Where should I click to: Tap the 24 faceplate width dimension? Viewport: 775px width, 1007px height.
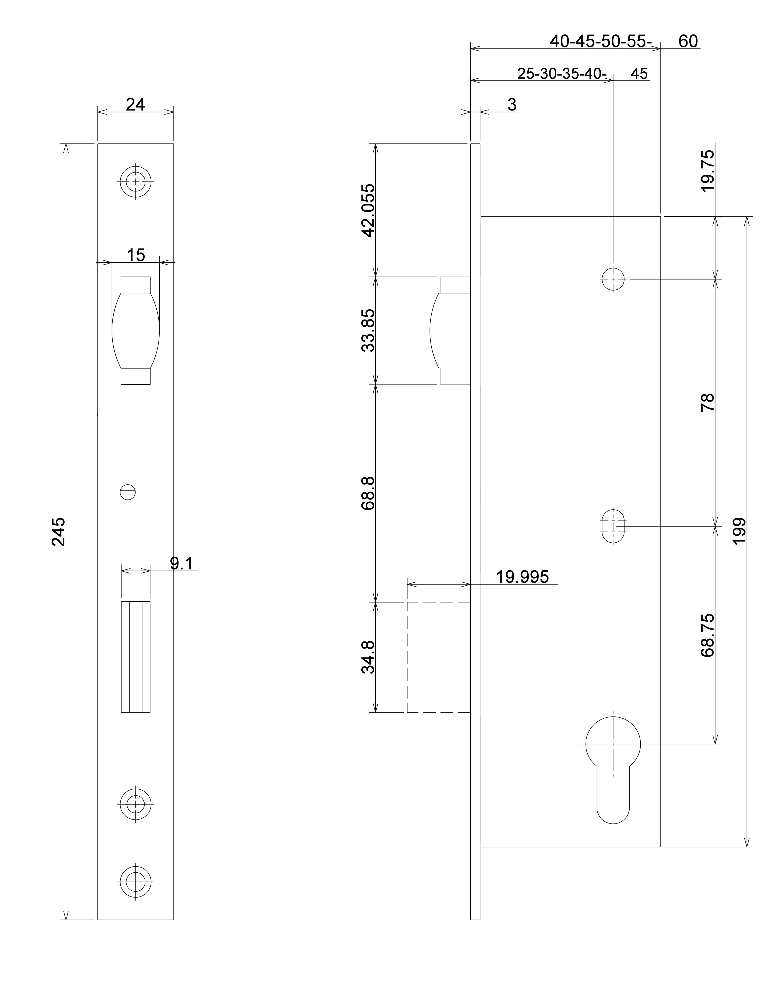pos(135,105)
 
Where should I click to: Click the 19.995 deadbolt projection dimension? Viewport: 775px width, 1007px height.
pos(522,577)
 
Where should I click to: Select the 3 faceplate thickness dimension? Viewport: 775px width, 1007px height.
pos(512,105)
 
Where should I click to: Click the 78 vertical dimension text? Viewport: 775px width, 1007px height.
pos(707,402)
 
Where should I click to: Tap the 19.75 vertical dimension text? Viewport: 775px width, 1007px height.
pos(707,171)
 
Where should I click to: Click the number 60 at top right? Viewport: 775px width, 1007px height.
pos(688,41)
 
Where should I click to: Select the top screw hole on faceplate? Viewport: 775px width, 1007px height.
pos(135,182)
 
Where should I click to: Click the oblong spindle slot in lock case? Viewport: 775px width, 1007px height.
pos(613,526)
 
